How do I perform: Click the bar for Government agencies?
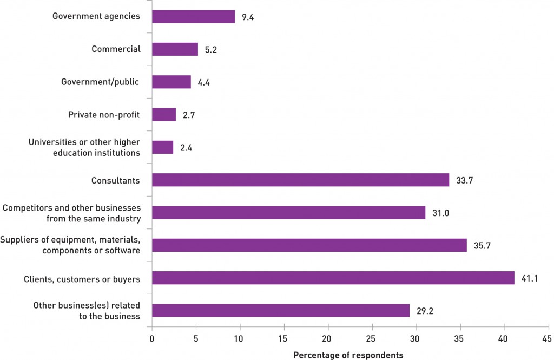[193, 17]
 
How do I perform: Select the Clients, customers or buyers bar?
[333, 278]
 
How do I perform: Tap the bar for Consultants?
[300, 180]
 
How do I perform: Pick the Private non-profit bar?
[164, 115]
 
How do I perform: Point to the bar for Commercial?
[175, 49]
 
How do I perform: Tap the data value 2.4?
[187, 148]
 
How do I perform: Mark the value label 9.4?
[248, 17]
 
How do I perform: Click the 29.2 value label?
[425, 311]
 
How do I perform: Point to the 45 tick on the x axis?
[549, 339]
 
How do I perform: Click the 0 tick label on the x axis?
[152, 339]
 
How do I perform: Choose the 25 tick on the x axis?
[372, 339]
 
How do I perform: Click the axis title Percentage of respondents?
[348, 355]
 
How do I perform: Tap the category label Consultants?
[116, 180]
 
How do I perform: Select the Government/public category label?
[101, 82]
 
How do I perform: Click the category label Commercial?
[116, 49]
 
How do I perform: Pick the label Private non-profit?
[104, 115]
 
